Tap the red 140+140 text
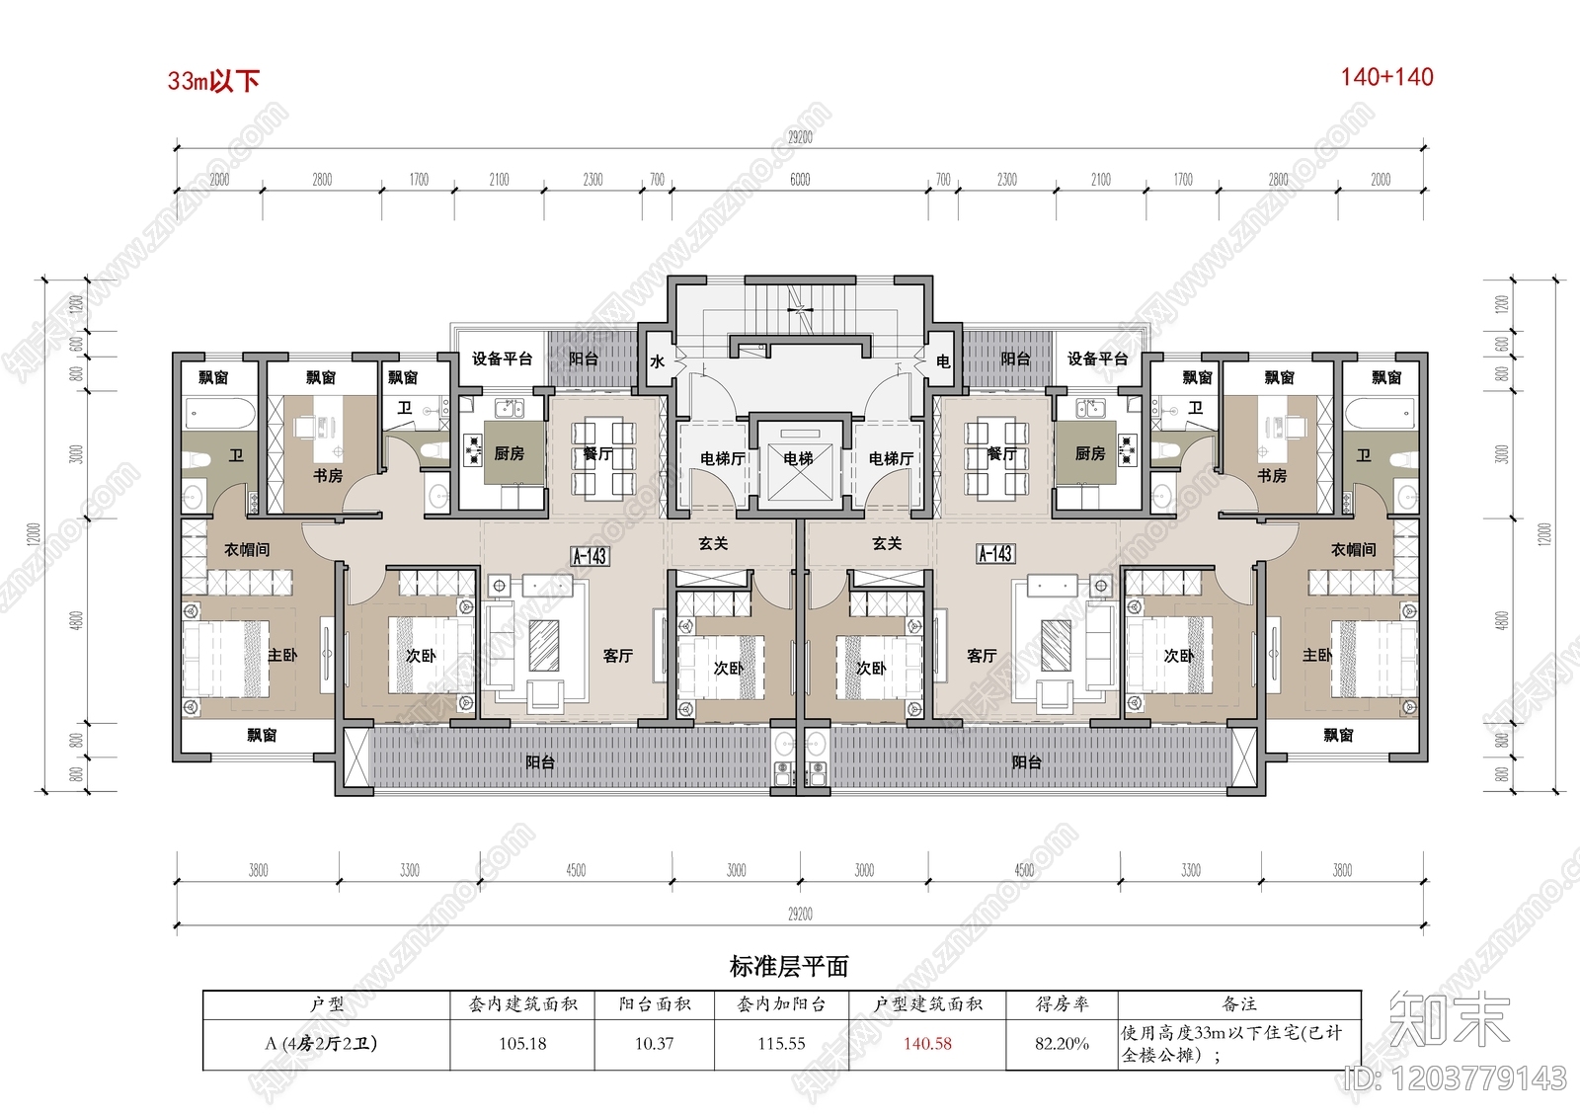coord(1386,77)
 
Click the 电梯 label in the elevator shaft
coord(798,458)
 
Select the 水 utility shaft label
coord(657,362)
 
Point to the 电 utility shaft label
coord(943,362)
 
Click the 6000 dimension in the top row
coord(800,180)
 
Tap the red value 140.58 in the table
coord(927,1044)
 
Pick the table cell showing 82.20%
coord(1062,1044)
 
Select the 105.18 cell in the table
coord(522,1044)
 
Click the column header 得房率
coord(1062,1004)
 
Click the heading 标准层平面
coord(789,967)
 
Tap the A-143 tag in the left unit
coord(590,556)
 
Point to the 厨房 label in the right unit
coord(1090,453)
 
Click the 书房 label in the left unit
coord(328,476)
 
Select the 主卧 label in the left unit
coord(282,655)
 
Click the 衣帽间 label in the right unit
coord(1353,549)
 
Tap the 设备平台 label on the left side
coord(502,359)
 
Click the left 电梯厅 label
coord(723,458)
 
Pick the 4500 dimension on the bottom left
coord(576,870)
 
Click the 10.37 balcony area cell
coord(654,1044)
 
